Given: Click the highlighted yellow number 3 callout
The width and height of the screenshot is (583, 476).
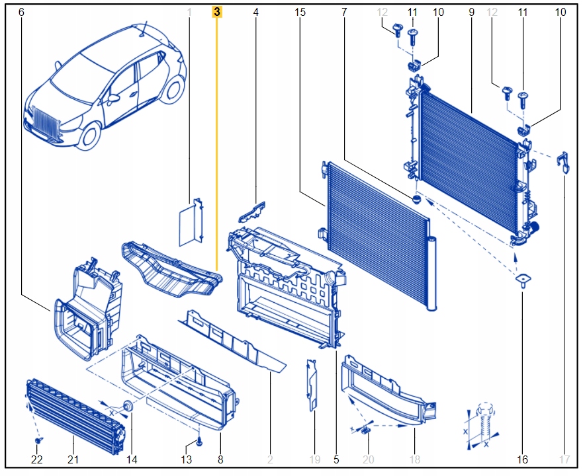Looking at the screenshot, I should pyautogui.click(x=217, y=12).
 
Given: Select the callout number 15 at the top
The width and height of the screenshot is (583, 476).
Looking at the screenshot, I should pyautogui.click(x=300, y=12).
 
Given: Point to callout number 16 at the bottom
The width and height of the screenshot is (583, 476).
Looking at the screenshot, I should pyautogui.click(x=523, y=459).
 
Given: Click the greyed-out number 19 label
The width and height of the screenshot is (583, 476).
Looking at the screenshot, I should pyautogui.click(x=315, y=459).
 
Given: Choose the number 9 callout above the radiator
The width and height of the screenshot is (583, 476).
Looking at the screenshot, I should pyautogui.click(x=471, y=12).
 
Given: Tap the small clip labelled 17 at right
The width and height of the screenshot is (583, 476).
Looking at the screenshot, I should pyautogui.click(x=564, y=161).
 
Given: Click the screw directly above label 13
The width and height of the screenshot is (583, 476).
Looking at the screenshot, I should pyautogui.click(x=199, y=439).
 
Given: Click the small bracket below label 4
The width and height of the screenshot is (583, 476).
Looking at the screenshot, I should pyautogui.click(x=252, y=211).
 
